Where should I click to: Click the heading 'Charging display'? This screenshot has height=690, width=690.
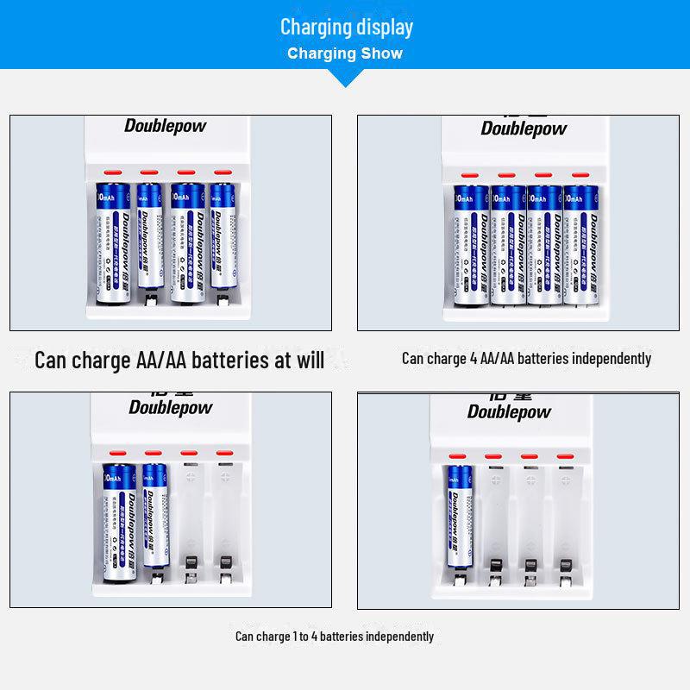[346, 27]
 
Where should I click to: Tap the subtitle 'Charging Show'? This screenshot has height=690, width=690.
[345, 53]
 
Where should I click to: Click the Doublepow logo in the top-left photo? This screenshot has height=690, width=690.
[166, 126]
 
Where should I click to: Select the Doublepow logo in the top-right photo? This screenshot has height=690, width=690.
[524, 129]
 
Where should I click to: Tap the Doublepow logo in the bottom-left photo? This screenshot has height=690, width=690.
[171, 407]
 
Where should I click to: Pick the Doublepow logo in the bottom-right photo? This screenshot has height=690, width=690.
[509, 411]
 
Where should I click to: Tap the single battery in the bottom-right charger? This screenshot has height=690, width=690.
[459, 516]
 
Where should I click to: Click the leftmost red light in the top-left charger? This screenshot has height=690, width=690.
[111, 172]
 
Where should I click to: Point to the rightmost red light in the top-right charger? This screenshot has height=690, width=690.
[577, 175]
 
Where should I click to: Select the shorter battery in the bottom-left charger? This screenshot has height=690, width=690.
[154, 514]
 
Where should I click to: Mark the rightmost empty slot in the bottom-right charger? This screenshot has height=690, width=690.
[565, 522]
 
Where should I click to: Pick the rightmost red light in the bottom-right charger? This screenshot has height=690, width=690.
[565, 455]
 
